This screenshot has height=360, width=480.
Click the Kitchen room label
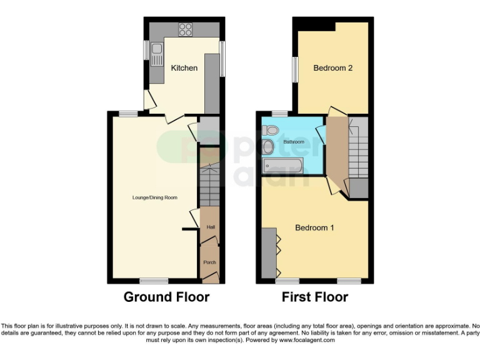tap(184, 67)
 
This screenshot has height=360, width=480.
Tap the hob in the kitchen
tap(186, 29)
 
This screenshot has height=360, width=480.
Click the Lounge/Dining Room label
tap(155, 197)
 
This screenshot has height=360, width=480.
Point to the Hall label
tap(210, 227)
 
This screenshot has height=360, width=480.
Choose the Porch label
tap(209, 262)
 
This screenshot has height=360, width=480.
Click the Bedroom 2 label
tap(333, 67)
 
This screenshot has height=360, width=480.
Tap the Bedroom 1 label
tap(314, 228)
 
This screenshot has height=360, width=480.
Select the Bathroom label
tap(294, 142)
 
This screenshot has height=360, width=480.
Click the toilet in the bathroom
tap(271, 130)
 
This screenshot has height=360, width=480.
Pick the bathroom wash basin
tap(269, 147)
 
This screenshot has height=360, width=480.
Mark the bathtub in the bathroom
tap(282, 165)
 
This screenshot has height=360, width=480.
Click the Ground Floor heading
tap(166, 297)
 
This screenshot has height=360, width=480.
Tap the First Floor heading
tap(314, 297)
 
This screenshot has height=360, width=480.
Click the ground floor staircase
tap(209, 184)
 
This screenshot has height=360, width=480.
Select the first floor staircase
tap(359, 153)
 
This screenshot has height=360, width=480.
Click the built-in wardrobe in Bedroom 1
tap(269, 252)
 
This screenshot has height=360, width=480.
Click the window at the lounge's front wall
tap(149, 281)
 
